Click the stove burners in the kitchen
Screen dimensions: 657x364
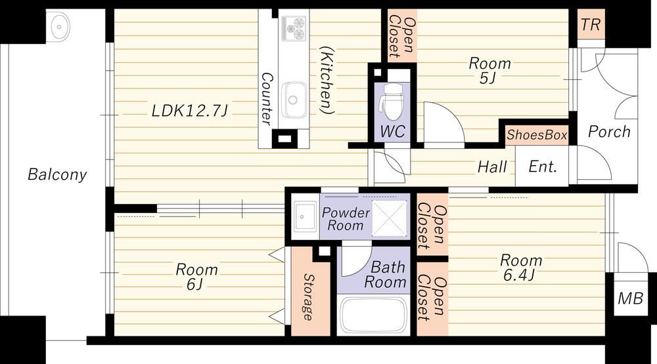pos(293,28)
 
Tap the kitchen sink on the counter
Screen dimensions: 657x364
pos(293,100)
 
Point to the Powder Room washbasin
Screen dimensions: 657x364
pos(305,216)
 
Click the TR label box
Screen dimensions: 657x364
pos(591,24)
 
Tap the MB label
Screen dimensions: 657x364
pos(631,298)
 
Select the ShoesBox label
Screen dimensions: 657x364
pos(537,134)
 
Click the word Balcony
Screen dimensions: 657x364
pos(57,174)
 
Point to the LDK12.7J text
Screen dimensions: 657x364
pos(189,111)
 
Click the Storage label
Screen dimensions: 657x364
pos(308,296)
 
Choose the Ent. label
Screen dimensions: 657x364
pos(543,167)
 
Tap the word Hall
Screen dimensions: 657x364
pos(492,167)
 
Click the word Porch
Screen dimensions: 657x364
pos(609,132)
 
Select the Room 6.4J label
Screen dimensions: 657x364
pos(520,268)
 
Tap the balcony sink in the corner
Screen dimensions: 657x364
pos(60,27)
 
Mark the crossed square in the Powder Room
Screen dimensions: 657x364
pos(389,218)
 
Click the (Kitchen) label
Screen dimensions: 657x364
pos(327,80)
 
